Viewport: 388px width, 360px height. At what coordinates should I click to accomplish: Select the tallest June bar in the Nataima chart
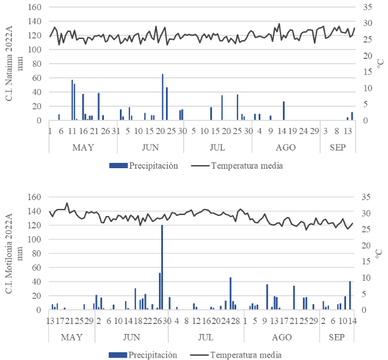click(x=163, y=97)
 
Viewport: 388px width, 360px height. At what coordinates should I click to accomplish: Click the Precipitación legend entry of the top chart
click(x=144, y=166)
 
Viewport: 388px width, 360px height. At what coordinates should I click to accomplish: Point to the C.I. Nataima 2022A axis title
click(x=11, y=63)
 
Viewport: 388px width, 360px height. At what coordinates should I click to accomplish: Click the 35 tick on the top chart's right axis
click(x=367, y=7)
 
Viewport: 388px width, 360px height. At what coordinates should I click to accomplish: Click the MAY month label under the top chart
click(x=83, y=146)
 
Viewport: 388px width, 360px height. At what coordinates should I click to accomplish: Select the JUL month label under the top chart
click(x=217, y=146)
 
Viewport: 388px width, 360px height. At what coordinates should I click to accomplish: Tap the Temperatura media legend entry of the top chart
click(x=239, y=166)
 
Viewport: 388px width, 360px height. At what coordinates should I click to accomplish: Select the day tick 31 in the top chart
click(x=116, y=131)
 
